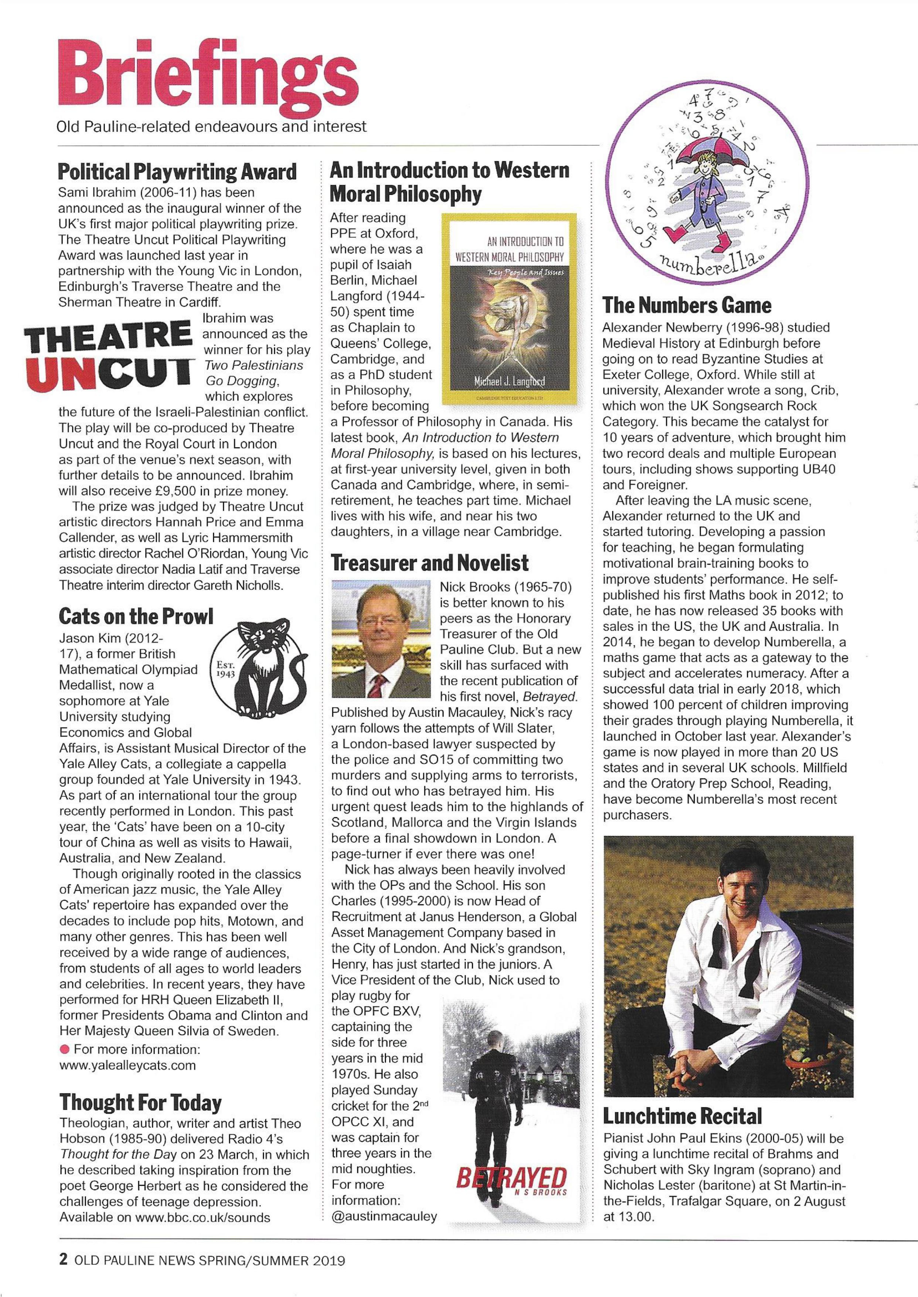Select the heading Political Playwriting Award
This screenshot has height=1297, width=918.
(177, 171)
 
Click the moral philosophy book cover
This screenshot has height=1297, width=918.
(509, 308)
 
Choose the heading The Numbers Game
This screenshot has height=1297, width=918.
(686, 305)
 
